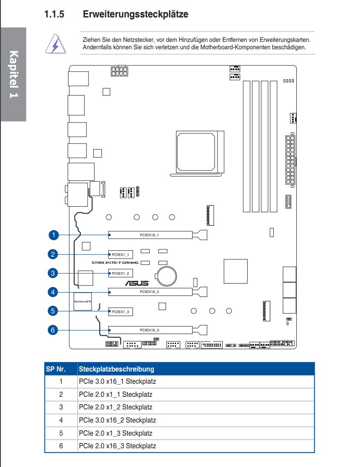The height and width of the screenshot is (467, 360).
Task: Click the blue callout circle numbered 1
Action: click(x=54, y=235)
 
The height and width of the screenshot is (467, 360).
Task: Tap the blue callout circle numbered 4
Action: click(x=53, y=292)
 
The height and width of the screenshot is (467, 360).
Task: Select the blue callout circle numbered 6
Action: click(x=53, y=330)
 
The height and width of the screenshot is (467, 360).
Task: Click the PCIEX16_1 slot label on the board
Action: click(x=149, y=235)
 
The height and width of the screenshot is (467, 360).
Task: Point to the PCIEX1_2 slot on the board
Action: click(x=120, y=273)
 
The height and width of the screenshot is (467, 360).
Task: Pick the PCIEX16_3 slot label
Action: click(x=149, y=330)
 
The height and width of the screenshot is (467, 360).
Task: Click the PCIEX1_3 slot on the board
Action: click(x=120, y=311)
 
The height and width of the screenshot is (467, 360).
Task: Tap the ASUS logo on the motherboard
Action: click(x=137, y=283)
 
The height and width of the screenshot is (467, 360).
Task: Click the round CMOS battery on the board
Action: click(x=167, y=276)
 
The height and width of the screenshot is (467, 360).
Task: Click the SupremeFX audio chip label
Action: click(x=83, y=301)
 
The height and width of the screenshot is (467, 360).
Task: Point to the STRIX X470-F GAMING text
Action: click(x=115, y=262)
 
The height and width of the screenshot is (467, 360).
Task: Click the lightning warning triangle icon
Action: click(x=56, y=44)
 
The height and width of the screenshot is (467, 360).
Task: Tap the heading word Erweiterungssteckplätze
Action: click(x=136, y=14)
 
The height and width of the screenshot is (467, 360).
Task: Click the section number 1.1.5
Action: click(x=54, y=14)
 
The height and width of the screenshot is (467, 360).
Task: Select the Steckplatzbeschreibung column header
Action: click(x=116, y=369)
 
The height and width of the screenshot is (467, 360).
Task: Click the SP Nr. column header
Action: click(x=56, y=369)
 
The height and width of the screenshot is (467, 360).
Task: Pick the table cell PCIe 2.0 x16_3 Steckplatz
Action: click(x=117, y=446)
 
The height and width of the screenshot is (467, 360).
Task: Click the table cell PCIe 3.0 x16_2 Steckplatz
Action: click(x=117, y=420)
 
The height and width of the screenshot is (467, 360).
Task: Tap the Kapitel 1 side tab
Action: click(x=14, y=74)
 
